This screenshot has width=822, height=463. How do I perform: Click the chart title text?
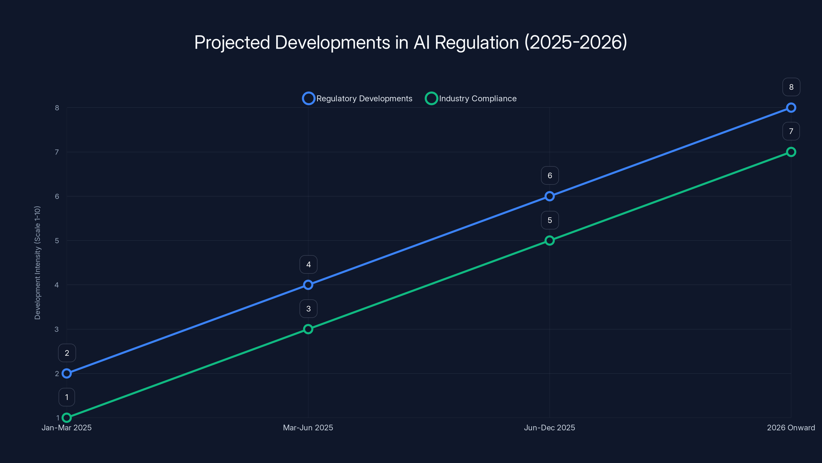click(411, 42)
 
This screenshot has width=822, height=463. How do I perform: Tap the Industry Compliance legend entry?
click(471, 99)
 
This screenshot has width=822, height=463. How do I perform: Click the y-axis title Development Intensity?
click(38, 262)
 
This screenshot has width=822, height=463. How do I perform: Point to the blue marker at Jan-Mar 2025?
click(67, 373)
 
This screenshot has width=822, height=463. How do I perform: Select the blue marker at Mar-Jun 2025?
click(308, 285)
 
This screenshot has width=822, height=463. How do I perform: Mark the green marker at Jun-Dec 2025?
click(549, 240)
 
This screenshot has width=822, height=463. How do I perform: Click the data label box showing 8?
click(791, 87)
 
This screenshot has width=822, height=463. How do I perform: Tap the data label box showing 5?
click(549, 220)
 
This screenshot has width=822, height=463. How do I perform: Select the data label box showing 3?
click(308, 309)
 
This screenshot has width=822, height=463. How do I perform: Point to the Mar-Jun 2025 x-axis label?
click(308, 428)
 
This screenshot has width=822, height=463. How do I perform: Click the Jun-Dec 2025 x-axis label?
click(549, 428)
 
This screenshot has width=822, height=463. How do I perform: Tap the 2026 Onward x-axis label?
click(791, 428)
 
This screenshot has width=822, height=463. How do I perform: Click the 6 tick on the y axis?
click(57, 196)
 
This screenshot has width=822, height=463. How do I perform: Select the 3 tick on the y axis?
click(57, 329)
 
